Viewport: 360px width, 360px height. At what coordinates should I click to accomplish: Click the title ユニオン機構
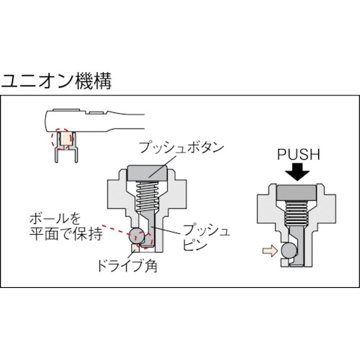pos(57,81)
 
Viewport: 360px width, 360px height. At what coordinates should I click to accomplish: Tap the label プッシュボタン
pos(181,147)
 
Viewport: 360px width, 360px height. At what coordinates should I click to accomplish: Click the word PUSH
pos(299,155)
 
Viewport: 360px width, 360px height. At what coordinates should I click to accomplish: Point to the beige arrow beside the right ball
pos(270,251)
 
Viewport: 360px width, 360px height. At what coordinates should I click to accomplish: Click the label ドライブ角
pos(127,266)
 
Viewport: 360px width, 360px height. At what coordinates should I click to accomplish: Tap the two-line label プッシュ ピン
pos(207,238)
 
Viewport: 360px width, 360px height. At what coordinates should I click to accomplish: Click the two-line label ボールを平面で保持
pos(66,227)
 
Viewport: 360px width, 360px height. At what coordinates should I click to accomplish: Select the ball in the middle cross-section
pos(137,235)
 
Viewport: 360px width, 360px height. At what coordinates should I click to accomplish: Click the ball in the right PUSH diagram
pos(289,251)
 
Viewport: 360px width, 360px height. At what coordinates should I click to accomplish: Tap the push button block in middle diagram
pos(147,174)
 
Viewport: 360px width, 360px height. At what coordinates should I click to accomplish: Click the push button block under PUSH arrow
pos(296,193)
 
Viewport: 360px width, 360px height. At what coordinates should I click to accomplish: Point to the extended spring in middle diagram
pos(147,195)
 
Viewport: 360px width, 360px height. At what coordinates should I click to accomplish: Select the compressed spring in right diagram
pos(296,213)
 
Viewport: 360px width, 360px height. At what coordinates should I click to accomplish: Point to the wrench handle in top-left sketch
pos(94,120)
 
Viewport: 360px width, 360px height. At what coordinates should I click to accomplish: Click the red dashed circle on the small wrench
pos(61,139)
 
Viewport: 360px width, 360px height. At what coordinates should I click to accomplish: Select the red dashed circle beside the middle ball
pos(145,240)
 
